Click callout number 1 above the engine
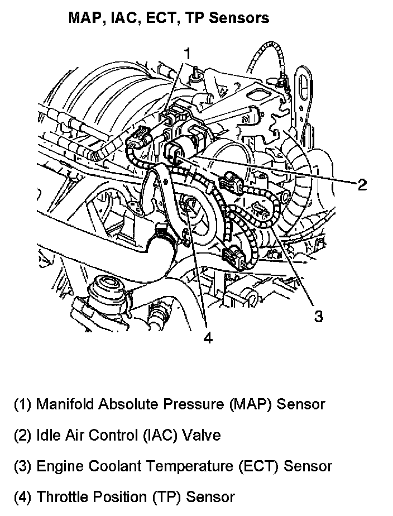pyautogui.click(x=188, y=54)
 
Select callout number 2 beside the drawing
pyautogui.click(x=362, y=185)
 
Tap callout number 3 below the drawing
pyautogui.click(x=318, y=317)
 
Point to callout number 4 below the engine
pyautogui.click(x=208, y=338)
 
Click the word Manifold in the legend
pyautogui.click(x=63, y=404)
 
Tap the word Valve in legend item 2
pyautogui.click(x=203, y=435)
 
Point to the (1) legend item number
pyautogui.click(x=22, y=404)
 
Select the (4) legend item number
pyautogui.click(x=22, y=496)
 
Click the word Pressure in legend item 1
pyautogui.click(x=198, y=404)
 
